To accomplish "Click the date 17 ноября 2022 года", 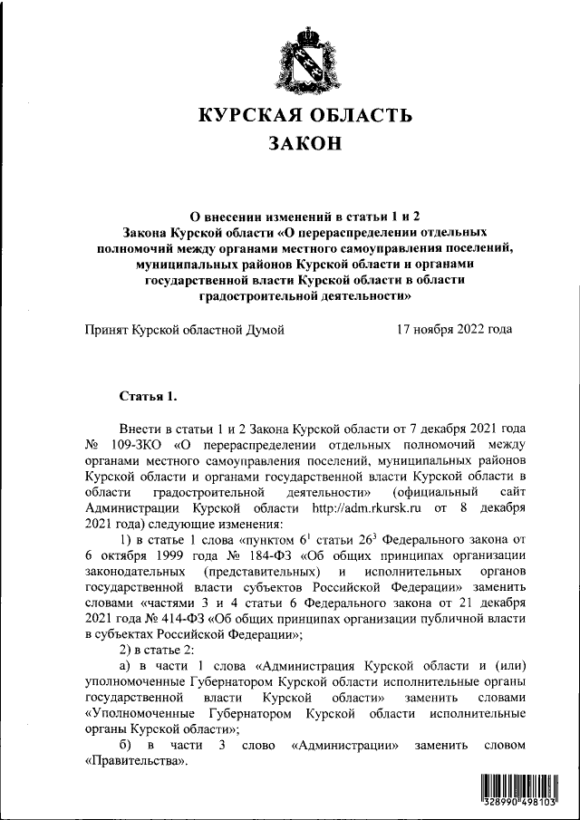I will [454, 329].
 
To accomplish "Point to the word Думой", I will [260, 329].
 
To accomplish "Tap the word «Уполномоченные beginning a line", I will [142, 713].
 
